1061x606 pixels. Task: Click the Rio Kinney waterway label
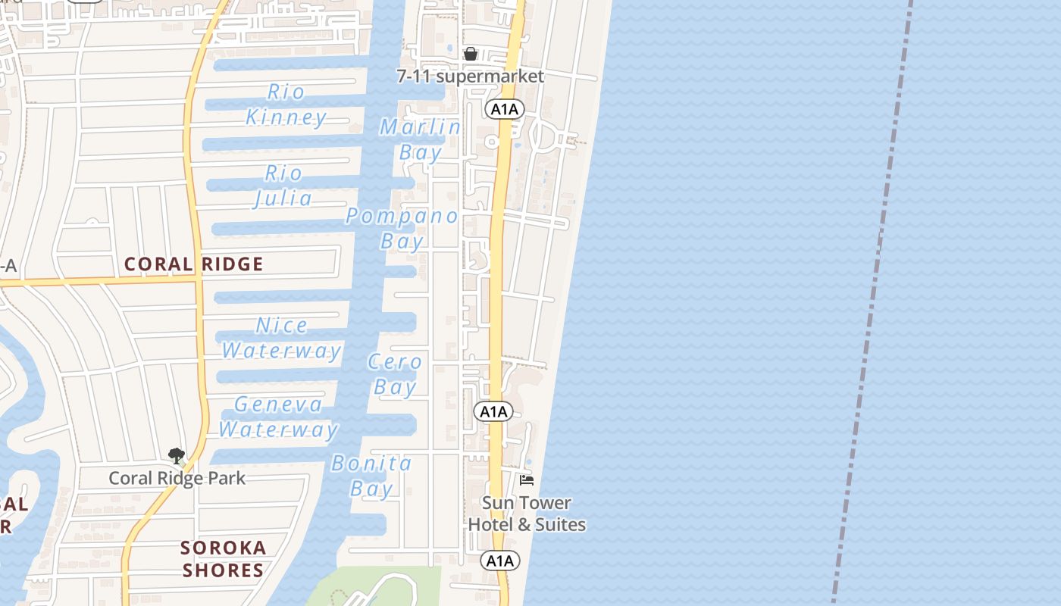coord(286,105)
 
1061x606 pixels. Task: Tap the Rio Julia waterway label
coord(283,186)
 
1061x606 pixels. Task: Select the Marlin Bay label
coord(420,139)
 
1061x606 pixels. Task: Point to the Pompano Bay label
coord(402,228)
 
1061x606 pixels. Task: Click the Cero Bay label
coord(395,374)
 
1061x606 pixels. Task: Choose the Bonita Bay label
coord(372,476)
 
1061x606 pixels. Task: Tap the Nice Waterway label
coord(282,338)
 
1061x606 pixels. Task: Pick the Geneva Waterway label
coord(278,417)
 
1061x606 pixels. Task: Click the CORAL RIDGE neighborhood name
coord(194,264)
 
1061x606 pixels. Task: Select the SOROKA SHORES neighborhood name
coord(224,558)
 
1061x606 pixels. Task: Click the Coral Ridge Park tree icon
coord(177,456)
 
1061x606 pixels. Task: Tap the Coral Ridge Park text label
coord(177,478)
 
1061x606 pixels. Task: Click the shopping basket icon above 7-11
coord(471,54)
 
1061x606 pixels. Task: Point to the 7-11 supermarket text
coord(471,77)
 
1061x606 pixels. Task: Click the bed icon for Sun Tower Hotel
coord(527,480)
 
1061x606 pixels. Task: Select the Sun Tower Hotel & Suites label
coord(527,514)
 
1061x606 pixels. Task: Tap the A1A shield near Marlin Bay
coord(504,109)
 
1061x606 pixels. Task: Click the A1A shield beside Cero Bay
coord(493,411)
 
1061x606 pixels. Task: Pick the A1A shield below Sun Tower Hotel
coord(500,561)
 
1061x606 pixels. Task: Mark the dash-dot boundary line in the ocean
coord(872,303)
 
